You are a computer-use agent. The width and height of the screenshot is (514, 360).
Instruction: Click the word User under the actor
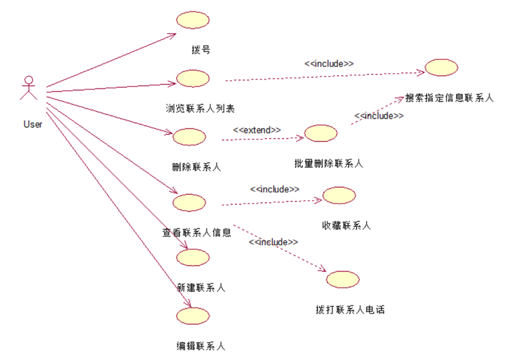click(33, 124)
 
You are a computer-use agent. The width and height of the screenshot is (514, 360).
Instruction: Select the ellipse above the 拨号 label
click(193, 20)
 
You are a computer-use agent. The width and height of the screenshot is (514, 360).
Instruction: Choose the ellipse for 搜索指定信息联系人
click(442, 68)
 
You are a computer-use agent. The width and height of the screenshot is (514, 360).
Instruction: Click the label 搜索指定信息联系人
click(450, 97)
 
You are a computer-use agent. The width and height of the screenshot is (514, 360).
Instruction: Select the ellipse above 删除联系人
click(189, 137)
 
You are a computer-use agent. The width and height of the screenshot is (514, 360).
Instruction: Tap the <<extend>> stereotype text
click(257, 129)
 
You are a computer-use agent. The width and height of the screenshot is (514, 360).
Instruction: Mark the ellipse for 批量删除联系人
click(321, 133)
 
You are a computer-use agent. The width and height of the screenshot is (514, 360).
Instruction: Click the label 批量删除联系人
click(329, 163)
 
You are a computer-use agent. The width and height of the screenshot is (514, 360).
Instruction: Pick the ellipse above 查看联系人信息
click(189, 202)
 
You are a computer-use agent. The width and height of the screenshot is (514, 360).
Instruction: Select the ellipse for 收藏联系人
click(339, 195)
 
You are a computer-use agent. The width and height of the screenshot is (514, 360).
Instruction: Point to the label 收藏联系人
click(346, 225)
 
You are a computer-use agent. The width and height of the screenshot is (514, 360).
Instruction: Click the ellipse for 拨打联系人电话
click(343, 279)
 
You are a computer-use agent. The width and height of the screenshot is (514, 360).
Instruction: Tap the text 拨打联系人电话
click(351, 310)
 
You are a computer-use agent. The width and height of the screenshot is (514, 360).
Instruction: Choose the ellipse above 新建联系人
click(193, 257)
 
